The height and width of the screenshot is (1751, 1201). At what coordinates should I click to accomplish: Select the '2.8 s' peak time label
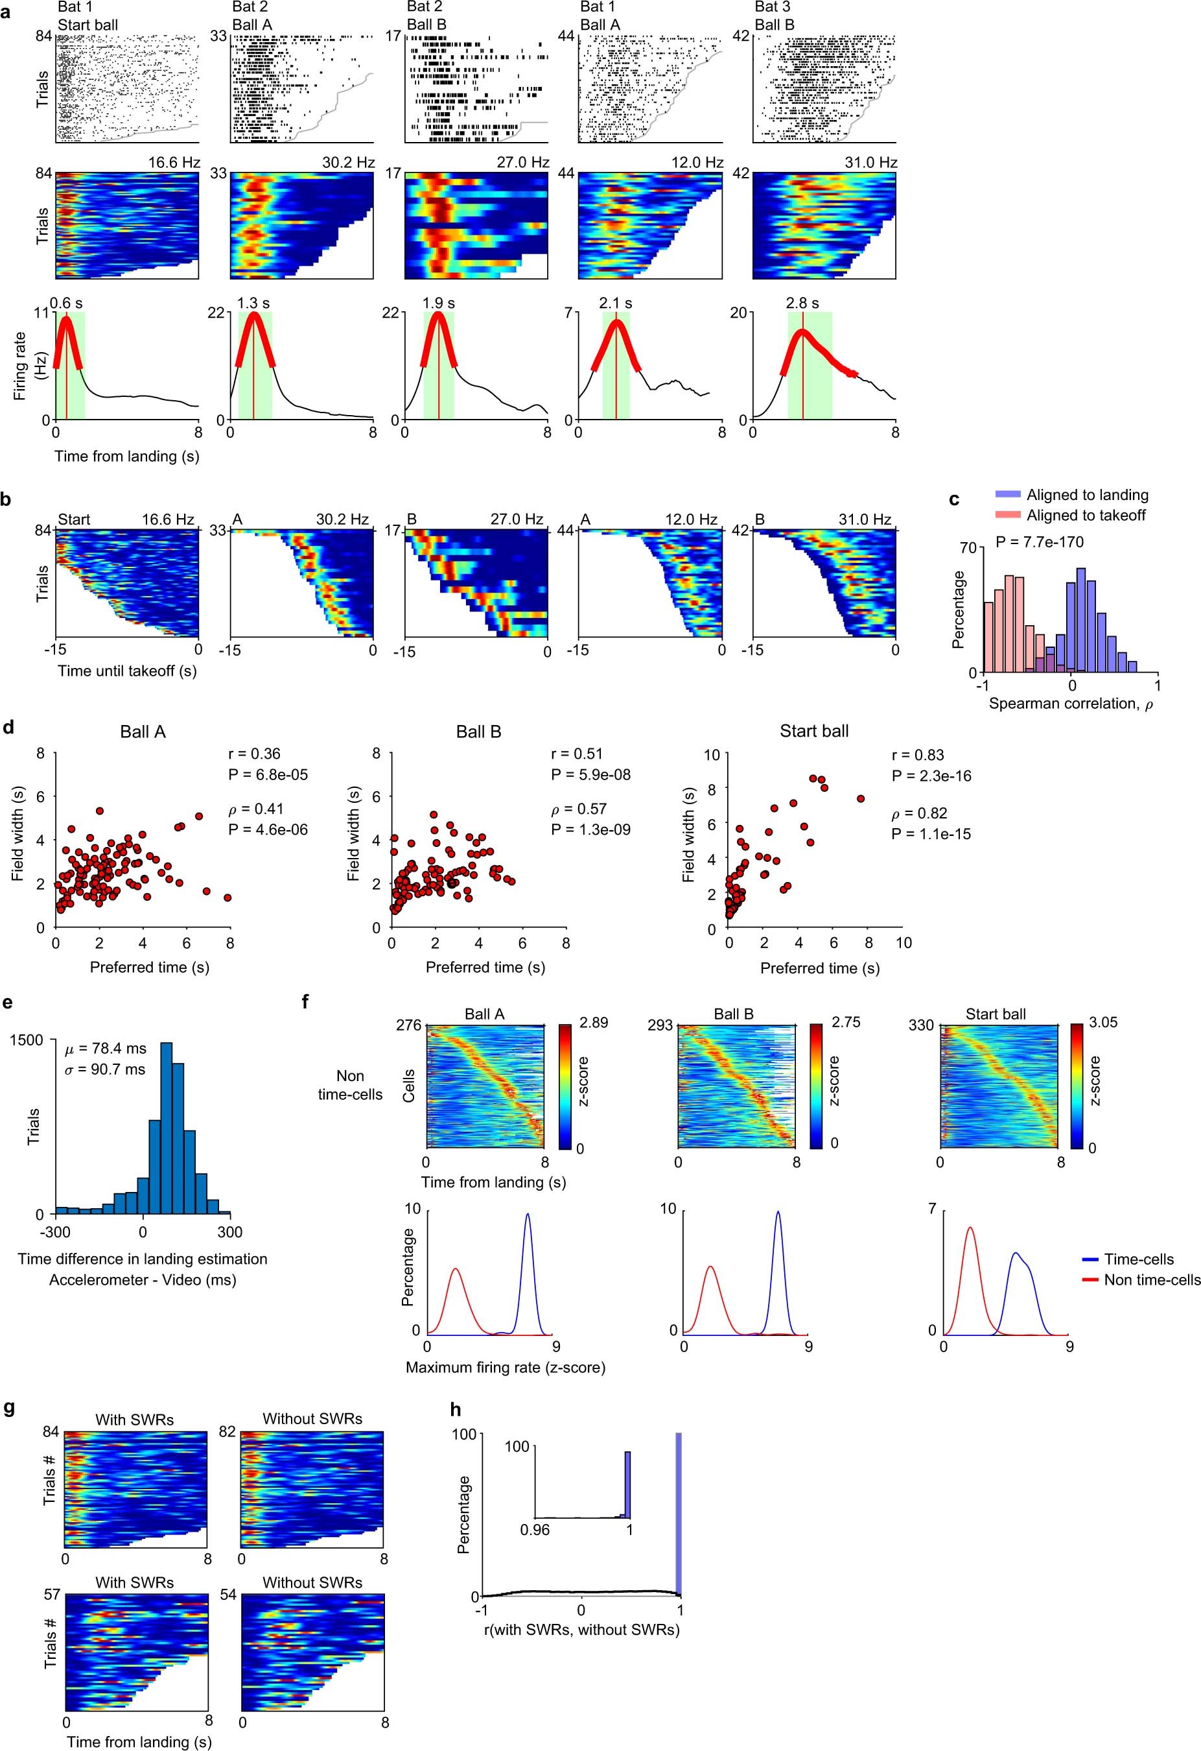coord(802,303)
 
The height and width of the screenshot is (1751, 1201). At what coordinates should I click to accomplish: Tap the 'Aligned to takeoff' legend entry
coord(1086,516)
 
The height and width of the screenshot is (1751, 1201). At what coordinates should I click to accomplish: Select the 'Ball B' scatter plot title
coord(478,732)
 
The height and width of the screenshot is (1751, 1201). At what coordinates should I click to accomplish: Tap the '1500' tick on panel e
coord(27,1040)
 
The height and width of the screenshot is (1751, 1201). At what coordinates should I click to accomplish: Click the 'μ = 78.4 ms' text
coord(106,1048)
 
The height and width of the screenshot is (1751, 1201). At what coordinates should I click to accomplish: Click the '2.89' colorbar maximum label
coord(594,1023)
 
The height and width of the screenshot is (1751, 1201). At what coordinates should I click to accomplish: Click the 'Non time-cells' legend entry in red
coord(1150,1280)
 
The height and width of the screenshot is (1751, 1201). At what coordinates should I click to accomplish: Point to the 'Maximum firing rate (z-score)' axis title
coord(506,1366)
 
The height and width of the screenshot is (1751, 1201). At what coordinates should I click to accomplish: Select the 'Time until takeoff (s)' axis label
coord(126,671)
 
